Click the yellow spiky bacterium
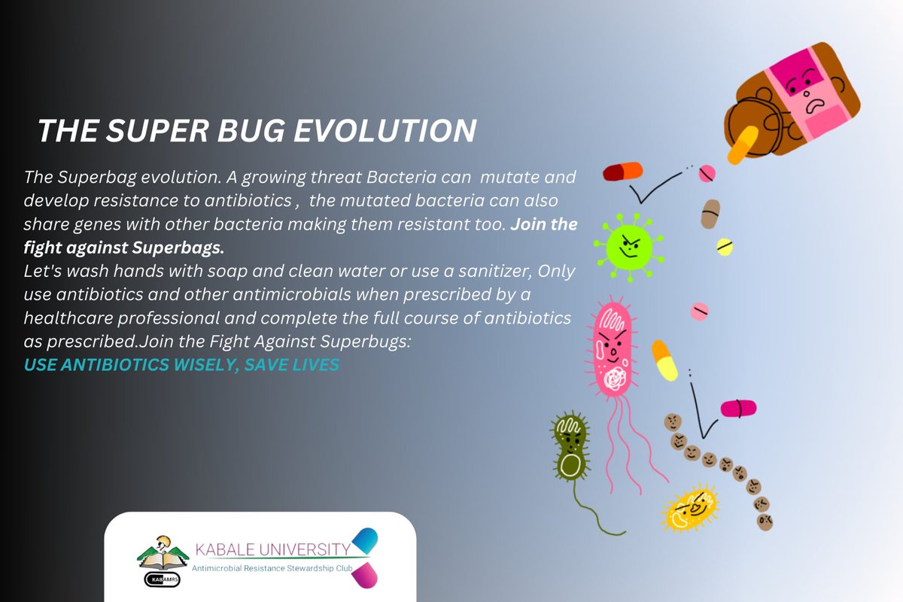[x=690, y=509]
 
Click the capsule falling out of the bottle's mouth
[x=742, y=145]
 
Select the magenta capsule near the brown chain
[x=738, y=409]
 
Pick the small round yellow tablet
[x=725, y=246]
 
